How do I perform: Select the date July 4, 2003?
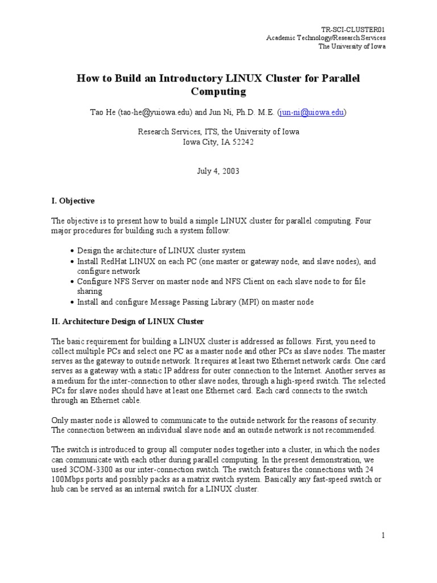(x=219, y=171)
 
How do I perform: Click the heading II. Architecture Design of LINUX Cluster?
(x=127, y=321)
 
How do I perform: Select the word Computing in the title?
(x=218, y=91)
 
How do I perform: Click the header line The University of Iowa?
(x=352, y=46)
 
